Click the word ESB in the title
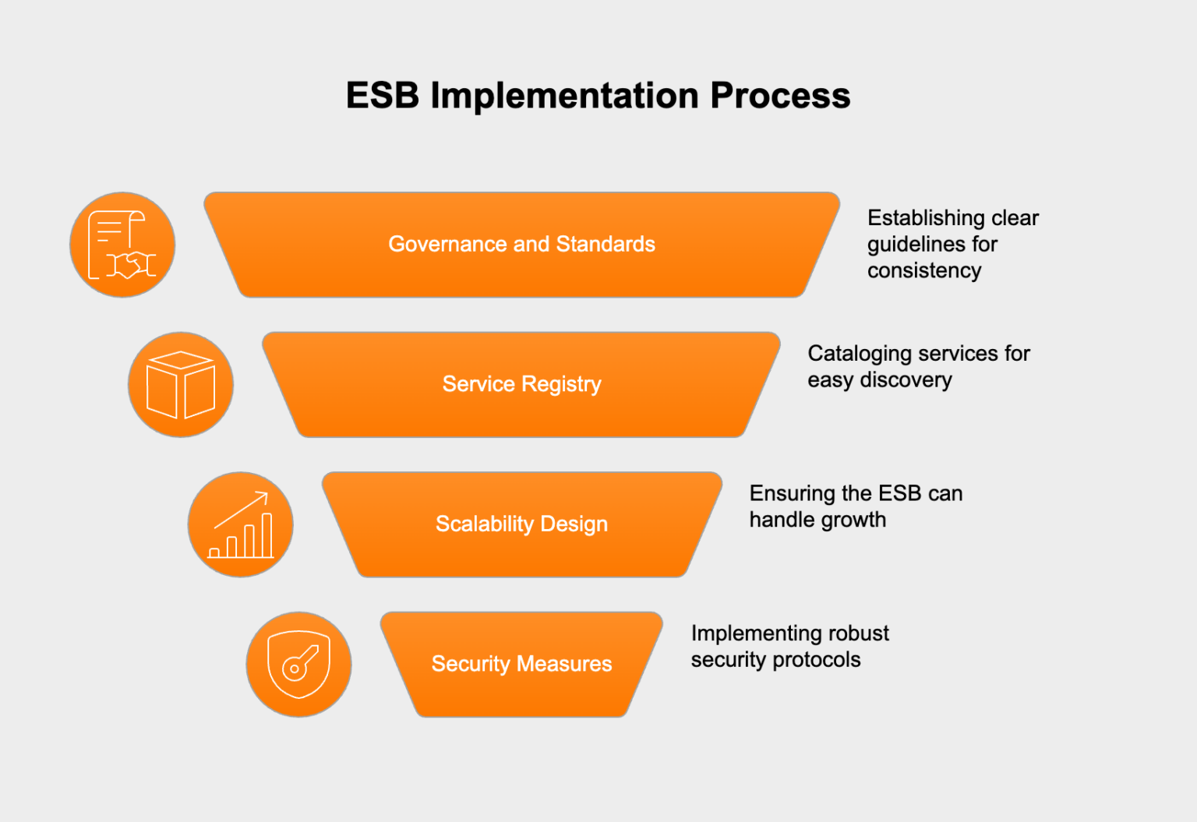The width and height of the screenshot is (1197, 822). click(x=383, y=96)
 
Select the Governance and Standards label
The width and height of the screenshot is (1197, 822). click(x=521, y=244)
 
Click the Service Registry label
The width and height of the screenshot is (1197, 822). click(x=521, y=384)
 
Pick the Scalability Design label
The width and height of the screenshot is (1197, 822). click(x=521, y=524)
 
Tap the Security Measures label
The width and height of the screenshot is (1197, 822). click(x=521, y=664)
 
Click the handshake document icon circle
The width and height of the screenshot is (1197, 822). click(x=122, y=245)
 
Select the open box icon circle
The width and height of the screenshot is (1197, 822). click(x=181, y=385)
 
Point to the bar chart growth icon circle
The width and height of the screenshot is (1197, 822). click(x=240, y=524)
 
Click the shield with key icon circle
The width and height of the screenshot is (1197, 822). click(x=298, y=665)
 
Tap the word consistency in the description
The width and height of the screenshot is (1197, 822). click(x=924, y=270)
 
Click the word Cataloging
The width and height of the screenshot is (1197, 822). click(x=860, y=354)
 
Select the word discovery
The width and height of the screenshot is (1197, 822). click(x=906, y=380)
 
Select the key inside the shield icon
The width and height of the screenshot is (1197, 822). click(x=300, y=663)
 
